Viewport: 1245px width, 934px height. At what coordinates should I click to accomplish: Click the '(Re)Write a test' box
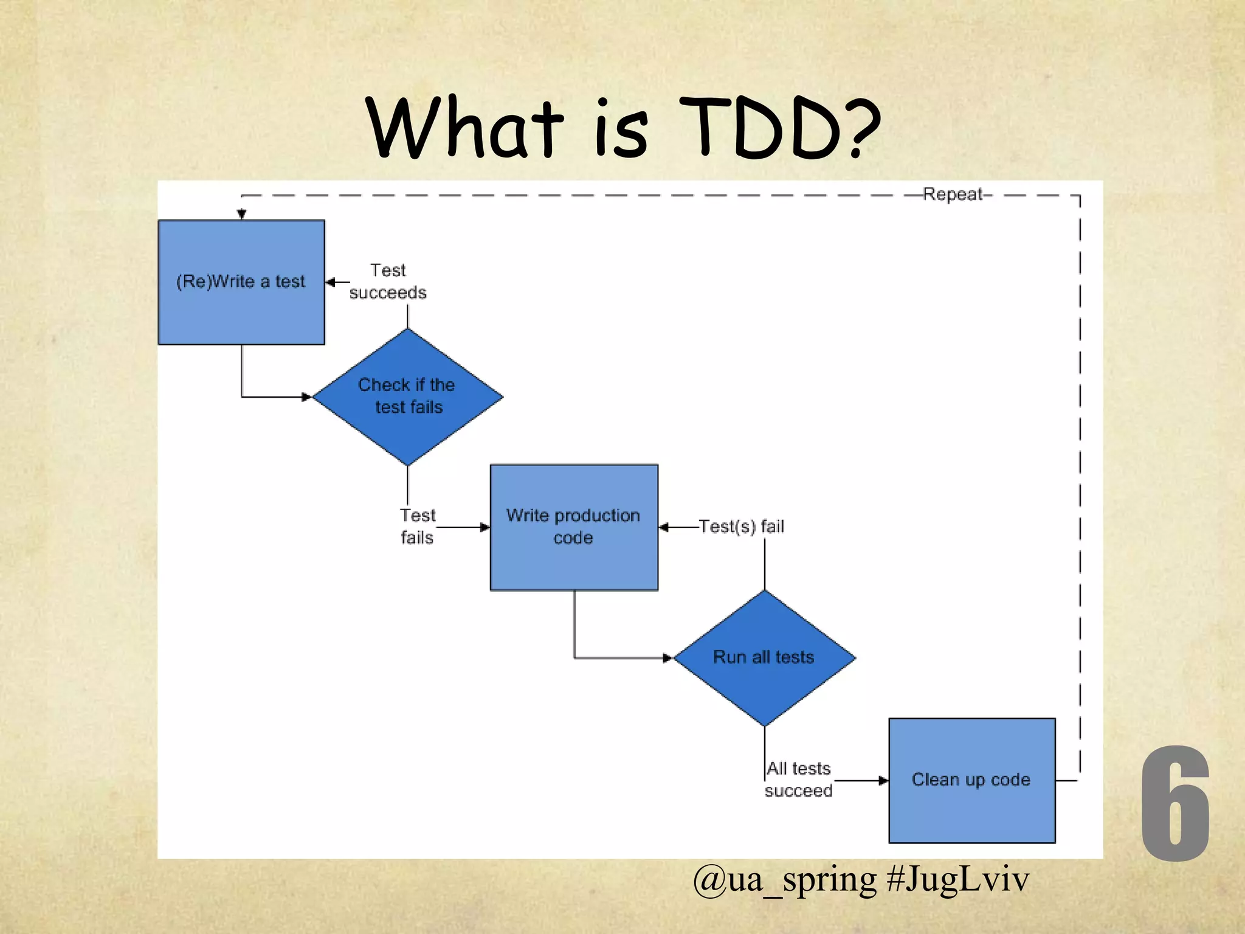pyautogui.click(x=241, y=282)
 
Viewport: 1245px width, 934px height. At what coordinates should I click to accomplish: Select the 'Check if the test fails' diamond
pyautogui.click(x=407, y=396)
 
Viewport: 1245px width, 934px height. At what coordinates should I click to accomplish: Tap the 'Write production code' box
pyautogui.click(x=574, y=527)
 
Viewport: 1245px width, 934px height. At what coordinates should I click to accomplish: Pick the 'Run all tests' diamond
pyautogui.click(x=764, y=657)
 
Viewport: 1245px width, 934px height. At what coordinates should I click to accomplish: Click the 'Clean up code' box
pyautogui.click(x=971, y=780)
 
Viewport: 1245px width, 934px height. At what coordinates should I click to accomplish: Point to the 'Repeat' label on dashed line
pyautogui.click(x=953, y=195)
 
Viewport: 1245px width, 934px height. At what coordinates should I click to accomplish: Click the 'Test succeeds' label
pyautogui.click(x=388, y=282)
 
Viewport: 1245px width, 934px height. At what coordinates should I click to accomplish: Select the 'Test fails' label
pyautogui.click(x=418, y=527)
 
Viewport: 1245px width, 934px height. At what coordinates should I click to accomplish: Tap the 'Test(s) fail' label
pyautogui.click(x=742, y=527)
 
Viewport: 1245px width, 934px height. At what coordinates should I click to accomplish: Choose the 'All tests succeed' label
pyautogui.click(x=798, y=780)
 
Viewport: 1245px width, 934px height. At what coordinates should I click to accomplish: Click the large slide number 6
pyautogui.click(x=1174, y=804)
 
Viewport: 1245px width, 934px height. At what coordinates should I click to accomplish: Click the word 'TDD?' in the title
pyautogui.click(x=780, y=129)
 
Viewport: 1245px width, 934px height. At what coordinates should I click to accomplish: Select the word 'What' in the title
pyautogui.click(x=466, y=129)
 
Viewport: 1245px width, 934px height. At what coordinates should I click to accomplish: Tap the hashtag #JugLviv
pyautogui.click(x=958, y=879)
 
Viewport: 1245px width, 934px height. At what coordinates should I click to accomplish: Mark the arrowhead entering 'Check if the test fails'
pyautogui.click(x=307, y=397)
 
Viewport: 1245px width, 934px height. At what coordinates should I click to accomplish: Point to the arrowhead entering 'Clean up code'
pyautogui.click(x=883, y=781)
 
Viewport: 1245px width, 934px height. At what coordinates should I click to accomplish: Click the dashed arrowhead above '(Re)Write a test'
pyautogui.click(x=242, y=214)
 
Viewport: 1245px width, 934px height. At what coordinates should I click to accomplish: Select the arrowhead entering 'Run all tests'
pyautogui.click(x=667, y=658)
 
